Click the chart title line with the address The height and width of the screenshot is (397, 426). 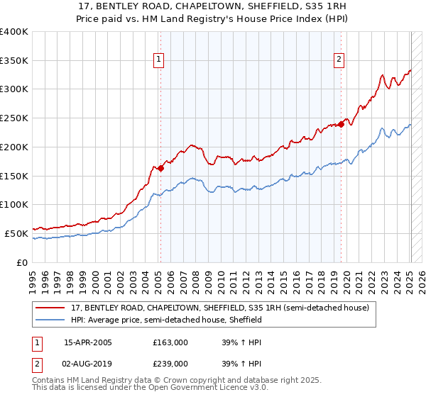click(x=212, y=6)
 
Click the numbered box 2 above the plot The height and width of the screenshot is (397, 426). click(x=339, y=60)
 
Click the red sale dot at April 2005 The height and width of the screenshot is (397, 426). click(x=161, y=168)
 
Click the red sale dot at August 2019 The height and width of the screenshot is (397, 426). click(x=341, y=124)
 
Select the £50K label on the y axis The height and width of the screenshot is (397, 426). click(x=16, y=233)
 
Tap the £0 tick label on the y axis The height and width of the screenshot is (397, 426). click(x=21, y=262)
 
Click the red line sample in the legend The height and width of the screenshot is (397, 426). click(x=50, y=308)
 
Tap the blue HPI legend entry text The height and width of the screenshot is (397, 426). click(x=167, y=320)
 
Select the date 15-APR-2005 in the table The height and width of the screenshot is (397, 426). click(x=87, y=342)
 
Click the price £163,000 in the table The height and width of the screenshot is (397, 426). click(x=170, y=342)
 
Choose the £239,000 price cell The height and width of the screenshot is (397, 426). click(x=170, y=364)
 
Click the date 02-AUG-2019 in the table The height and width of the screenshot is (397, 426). click(x=87, y=364)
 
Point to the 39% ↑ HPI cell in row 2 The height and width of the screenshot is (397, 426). click(x=241, y=364)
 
